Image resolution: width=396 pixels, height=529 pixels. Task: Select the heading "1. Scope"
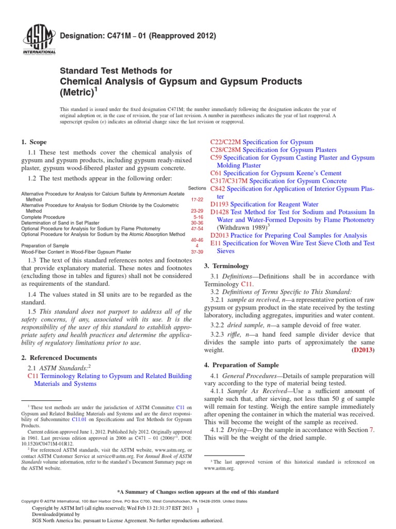tap(34, 142)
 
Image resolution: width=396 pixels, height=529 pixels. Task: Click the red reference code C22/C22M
tap(226, 142)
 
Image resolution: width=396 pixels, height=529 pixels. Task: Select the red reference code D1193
tap(221, 205)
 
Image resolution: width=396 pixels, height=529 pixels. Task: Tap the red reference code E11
tap(216, 243)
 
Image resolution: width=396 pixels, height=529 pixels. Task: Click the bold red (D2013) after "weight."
tap(363, 350)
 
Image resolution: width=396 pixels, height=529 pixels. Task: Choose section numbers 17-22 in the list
tap(197, 199)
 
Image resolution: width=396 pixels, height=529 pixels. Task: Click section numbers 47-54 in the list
tap(197, 228)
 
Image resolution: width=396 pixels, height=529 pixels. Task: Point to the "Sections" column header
tap(197, 189)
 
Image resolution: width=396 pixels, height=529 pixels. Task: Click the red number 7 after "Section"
tap(372, 430)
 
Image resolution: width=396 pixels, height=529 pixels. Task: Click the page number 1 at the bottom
tap(197, 510)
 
